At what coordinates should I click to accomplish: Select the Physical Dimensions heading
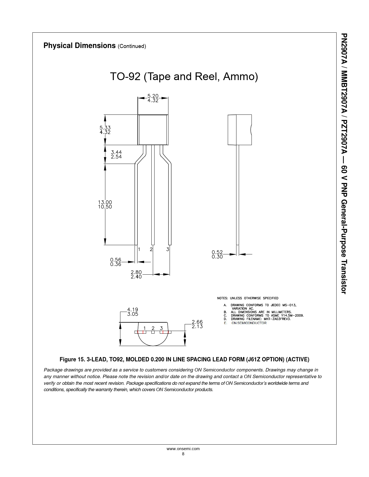coord(79,45)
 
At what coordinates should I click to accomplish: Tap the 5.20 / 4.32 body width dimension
coord(153,98)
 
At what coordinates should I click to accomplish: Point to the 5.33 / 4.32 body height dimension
coord(105,130)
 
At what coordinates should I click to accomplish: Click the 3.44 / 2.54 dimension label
coord(116,154)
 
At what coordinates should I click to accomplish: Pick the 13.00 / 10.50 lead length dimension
coord(105,204)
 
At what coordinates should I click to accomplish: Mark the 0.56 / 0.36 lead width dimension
coord(116,262)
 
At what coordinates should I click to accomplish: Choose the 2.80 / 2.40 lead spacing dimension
coord(136,275)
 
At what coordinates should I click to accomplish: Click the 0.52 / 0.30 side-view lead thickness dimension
coord(217,254)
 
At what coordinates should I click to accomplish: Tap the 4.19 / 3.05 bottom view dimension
coord(133,312)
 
